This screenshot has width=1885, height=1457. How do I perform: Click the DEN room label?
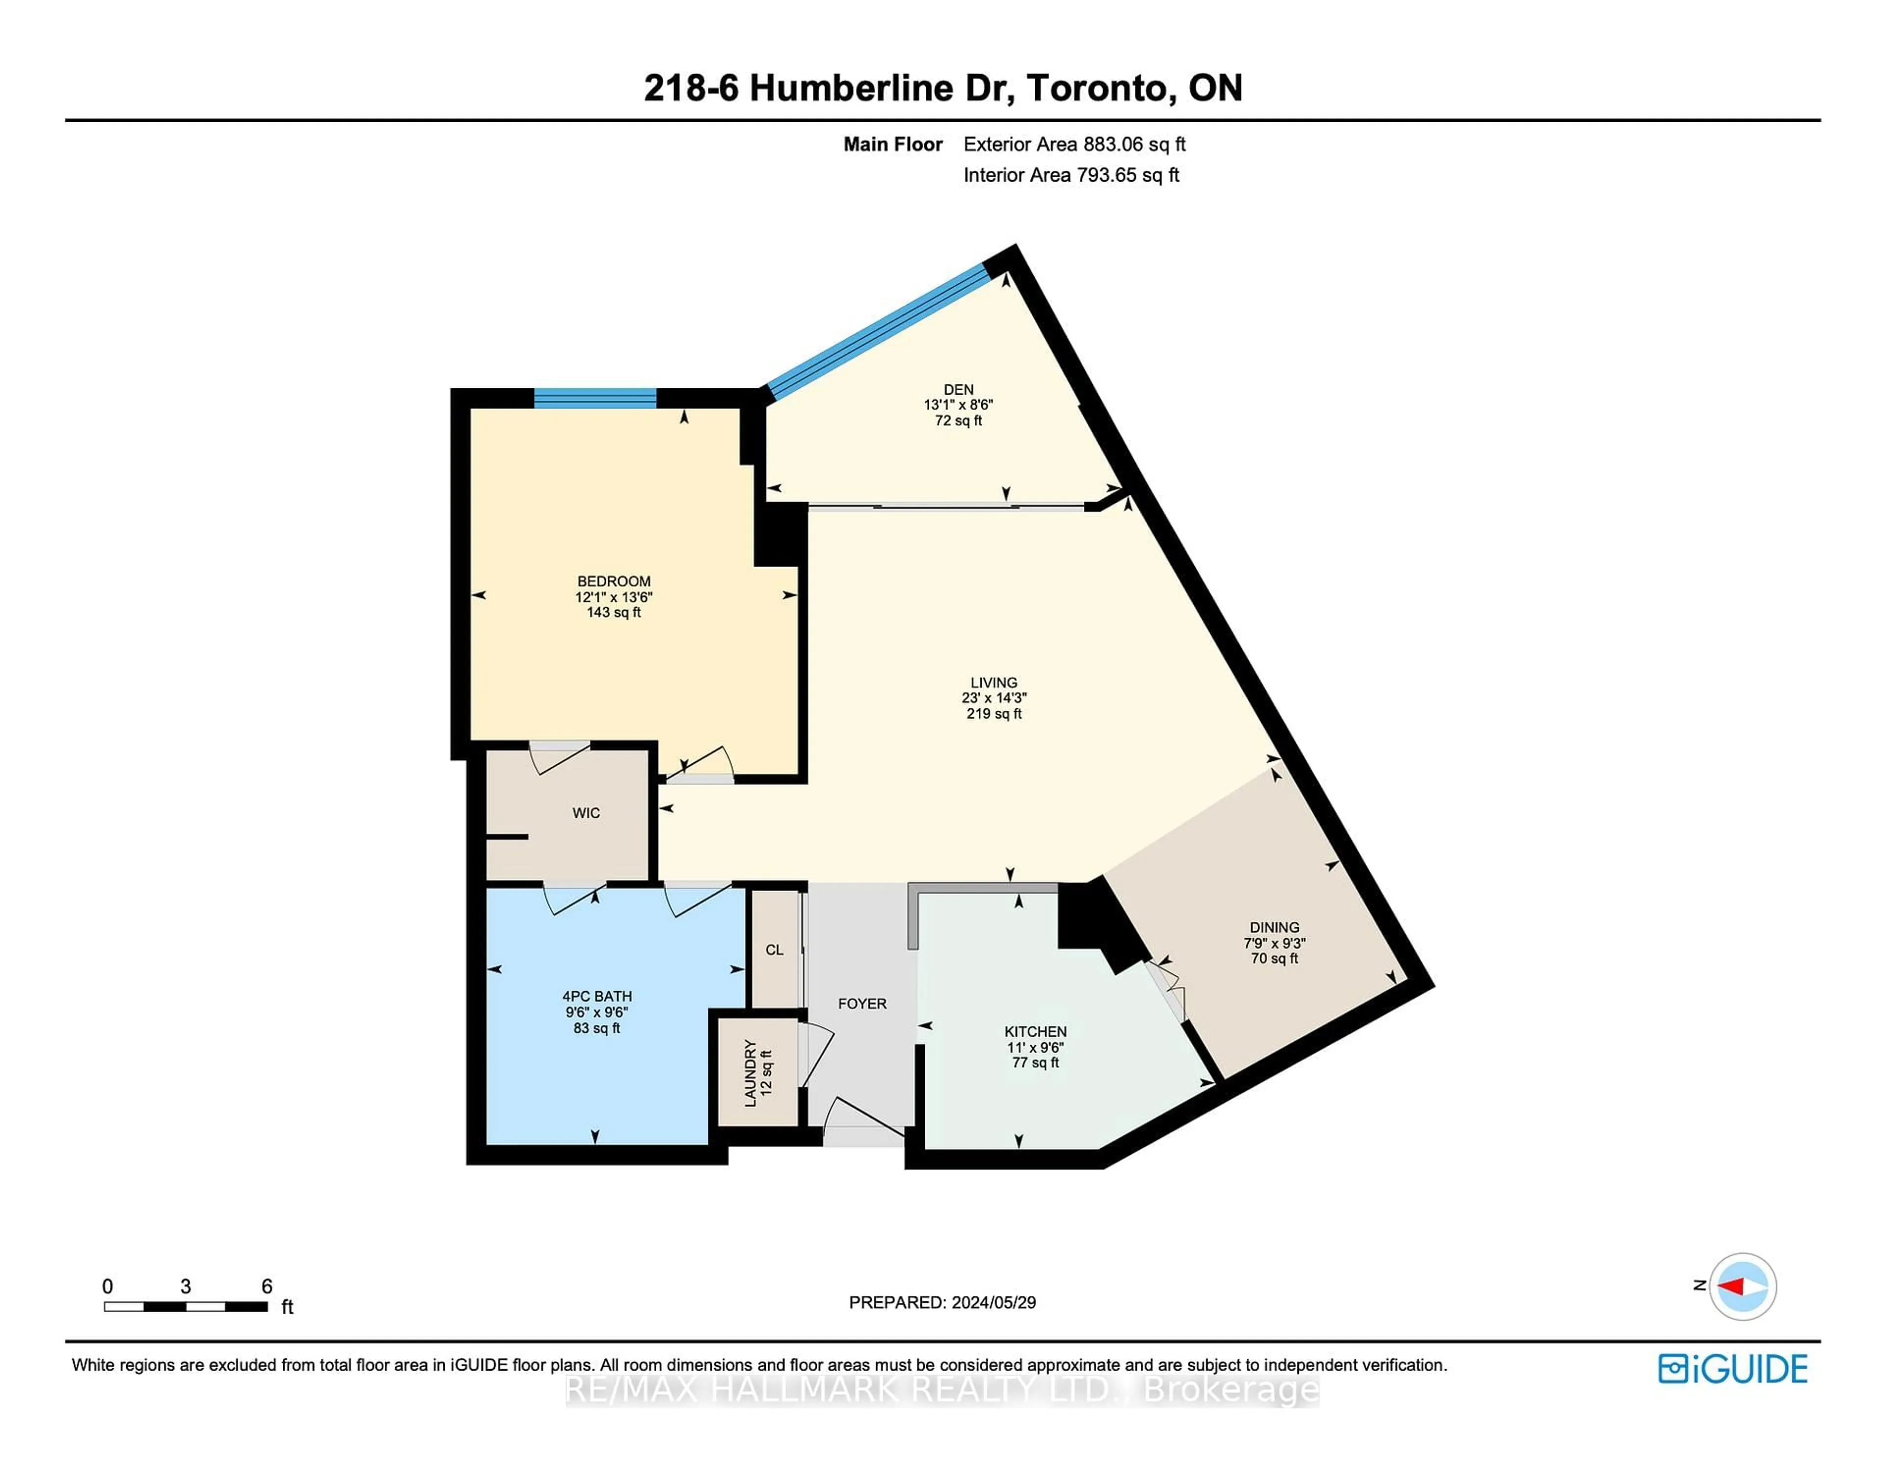click(958, 389)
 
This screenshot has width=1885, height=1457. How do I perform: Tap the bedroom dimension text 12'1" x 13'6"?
click(614, 596)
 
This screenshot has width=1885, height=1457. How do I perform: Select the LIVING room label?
click(994, 682)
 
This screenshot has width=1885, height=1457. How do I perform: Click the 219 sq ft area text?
click(994, 714)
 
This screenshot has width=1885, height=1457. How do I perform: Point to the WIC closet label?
click(586, 813)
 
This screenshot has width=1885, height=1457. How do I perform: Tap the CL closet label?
click(774, 949)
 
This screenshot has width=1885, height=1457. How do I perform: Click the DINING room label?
click(1274, 927)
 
